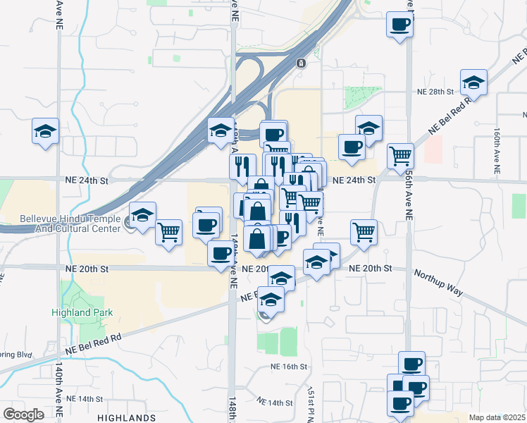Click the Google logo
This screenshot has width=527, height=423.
(x=23, y=415)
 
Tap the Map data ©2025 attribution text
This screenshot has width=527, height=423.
(x=497, y=417)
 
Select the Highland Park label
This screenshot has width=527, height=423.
(x=82, y=312)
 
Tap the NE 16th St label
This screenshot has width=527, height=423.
(x=289, y=367)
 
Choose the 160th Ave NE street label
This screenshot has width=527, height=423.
(x=496, y=151)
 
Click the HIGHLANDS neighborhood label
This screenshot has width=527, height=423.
(x=127, y=418)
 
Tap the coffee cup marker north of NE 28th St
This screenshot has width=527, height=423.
(x=399, y=25)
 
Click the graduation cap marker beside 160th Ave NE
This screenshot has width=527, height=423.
(x=474, y=82)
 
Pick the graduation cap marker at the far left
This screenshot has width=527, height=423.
(x=46, y=132)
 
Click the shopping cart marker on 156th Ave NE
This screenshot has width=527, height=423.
(x=400, y=156)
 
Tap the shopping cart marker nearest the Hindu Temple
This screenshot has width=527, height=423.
(x=169, y=232)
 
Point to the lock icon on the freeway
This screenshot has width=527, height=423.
(x=301, y=63)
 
